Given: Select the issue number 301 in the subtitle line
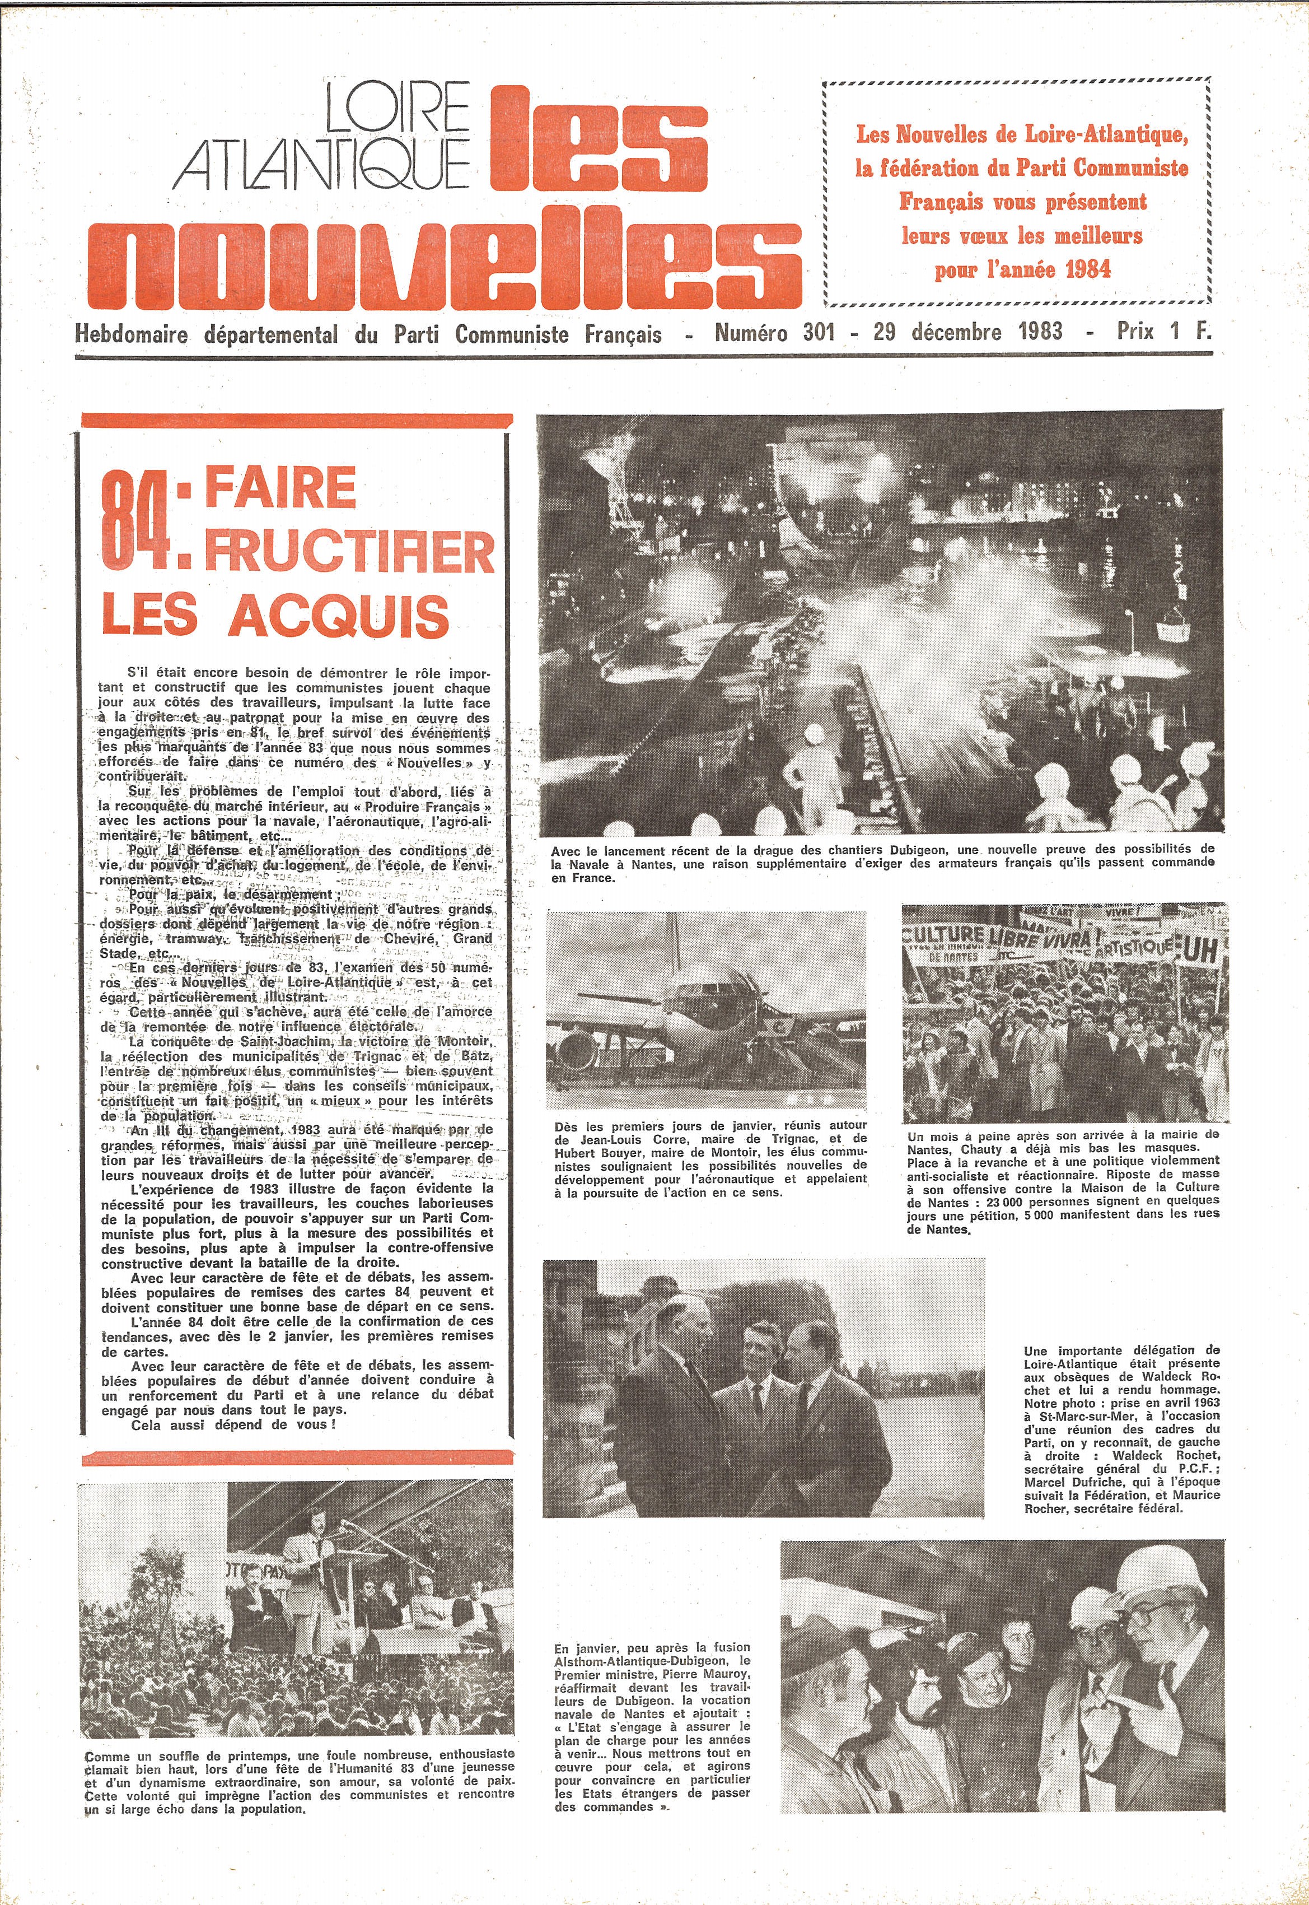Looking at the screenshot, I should [819, 332].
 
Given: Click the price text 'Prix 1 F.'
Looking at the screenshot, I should [1163, 332].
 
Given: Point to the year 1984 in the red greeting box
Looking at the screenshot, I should [1087, 269].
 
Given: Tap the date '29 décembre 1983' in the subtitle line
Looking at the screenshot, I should [968, 332].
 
